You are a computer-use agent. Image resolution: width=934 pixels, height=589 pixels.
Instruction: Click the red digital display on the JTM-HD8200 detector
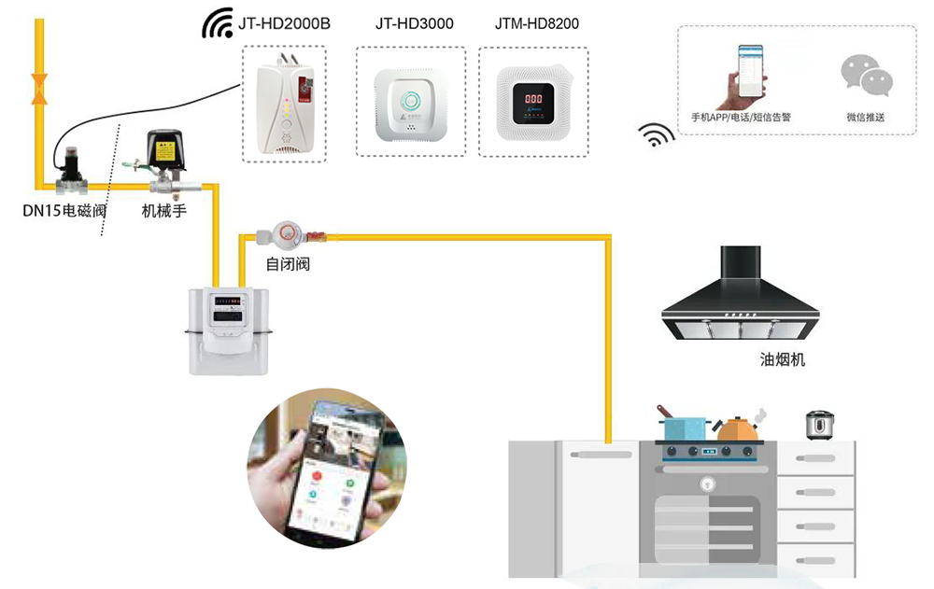pos(533,98)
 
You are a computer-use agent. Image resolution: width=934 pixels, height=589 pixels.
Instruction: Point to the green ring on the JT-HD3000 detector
pos(410,99)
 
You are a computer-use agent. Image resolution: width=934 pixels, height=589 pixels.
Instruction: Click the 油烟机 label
pos(783,359)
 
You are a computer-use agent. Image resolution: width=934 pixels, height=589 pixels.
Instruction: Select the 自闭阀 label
pos(288,264)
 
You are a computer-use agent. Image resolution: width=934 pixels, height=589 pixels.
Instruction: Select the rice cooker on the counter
pos(819,424)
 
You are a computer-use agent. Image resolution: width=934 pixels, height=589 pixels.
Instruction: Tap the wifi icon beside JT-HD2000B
pos(218,24)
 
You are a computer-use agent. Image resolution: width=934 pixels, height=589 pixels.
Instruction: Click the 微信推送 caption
pos(865,118)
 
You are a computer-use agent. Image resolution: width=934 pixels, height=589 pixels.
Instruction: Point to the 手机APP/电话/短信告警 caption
pos(741,118)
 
